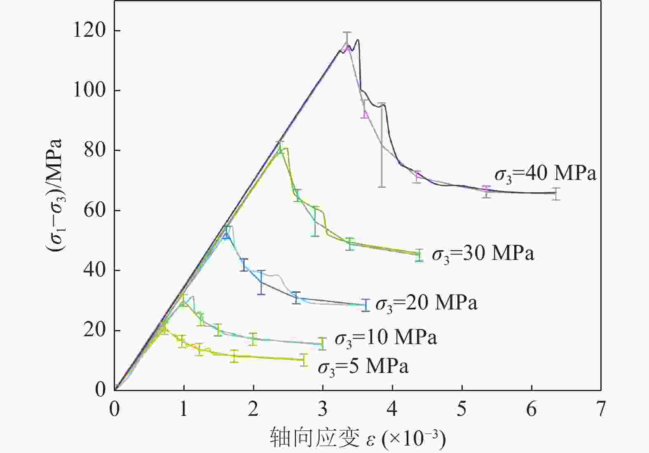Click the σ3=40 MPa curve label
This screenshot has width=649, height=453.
545,174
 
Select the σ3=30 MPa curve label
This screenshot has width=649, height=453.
483,253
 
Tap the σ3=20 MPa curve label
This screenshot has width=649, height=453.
426,303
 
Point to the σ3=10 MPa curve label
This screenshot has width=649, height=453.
385,338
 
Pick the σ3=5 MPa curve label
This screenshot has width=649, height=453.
363,367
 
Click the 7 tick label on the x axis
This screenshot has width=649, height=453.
601,409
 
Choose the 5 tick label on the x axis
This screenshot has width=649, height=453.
462,409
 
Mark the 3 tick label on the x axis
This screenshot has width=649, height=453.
323,409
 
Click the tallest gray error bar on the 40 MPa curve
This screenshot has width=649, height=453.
382,145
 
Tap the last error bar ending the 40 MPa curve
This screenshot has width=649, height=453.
556,193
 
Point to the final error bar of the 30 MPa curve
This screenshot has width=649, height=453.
419,255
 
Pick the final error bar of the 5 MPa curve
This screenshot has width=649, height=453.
304,360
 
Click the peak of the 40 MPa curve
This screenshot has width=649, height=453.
357,40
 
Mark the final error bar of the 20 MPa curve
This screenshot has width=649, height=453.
365,305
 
